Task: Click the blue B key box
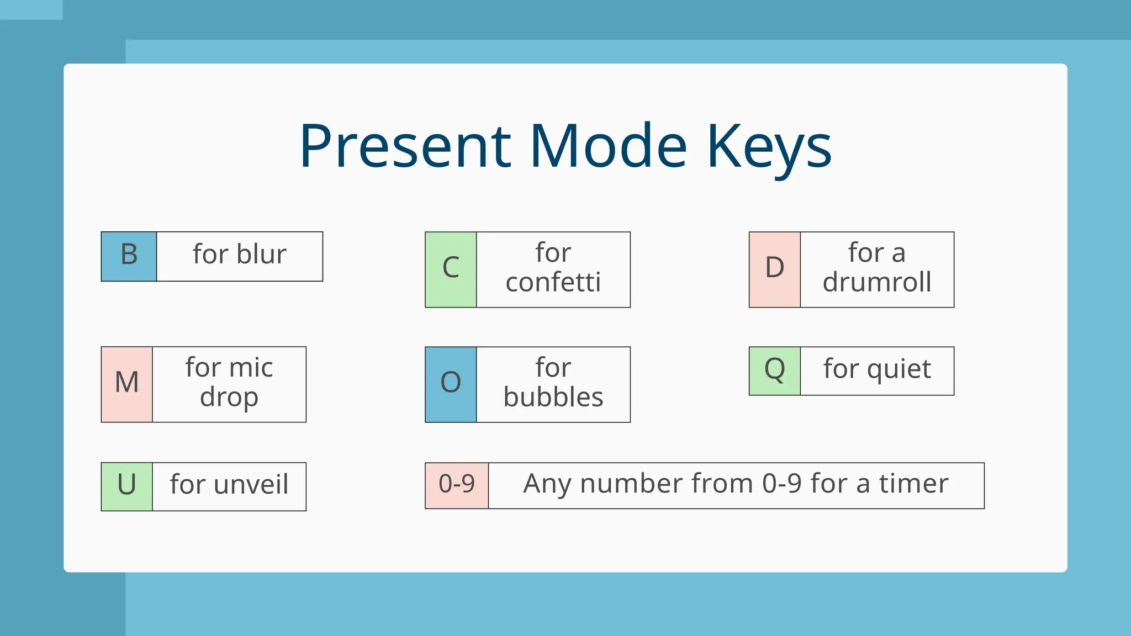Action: click(x=129, y=256)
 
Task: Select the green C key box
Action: click(x=451, y=269)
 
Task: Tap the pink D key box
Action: click(x=774, y=269)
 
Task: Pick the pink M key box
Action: click(x=126, y=384)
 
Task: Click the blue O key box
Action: click(x=451, y=384)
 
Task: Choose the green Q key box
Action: click(x=774, y=370)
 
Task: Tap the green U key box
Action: click(x=126, y=486)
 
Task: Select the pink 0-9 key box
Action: click(x=457, y=485)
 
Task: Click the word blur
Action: click(x=261, y=255)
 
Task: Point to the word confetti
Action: click(x=553, y=283)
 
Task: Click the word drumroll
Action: click(x=876, y=283)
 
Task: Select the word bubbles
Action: click(x=553, y=397)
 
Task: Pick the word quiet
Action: click(x=899, y=369)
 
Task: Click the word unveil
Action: click(x=251, y=485)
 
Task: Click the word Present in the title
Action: click(x=405, y=146)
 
